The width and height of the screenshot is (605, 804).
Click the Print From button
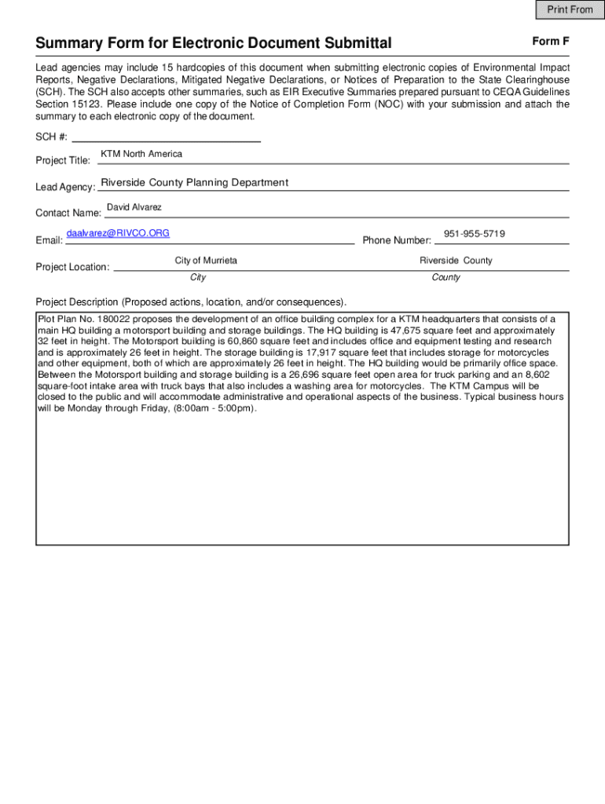pos(570,9)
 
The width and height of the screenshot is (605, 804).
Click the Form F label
pos(550,41)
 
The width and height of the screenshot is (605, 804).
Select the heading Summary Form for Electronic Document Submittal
pos(214,43)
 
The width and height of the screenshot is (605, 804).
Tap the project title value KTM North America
pos(141,154)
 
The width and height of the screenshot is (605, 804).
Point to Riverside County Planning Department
pos(194,183)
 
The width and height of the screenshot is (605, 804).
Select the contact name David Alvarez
pos(134,207)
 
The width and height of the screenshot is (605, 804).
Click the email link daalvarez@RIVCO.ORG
pos(118,233)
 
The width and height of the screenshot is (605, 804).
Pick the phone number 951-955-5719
pos(474,234)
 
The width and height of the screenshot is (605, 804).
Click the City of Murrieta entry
pos(206,261)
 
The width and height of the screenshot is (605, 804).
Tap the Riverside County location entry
pos(456,261)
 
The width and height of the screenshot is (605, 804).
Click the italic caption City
pos(198,277)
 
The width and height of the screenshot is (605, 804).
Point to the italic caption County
pos(446,277)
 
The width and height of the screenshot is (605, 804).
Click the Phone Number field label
pos(397,240)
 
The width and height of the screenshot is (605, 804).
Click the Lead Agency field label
pos(65,188)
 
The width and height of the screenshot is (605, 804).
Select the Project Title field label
pos(63,161)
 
